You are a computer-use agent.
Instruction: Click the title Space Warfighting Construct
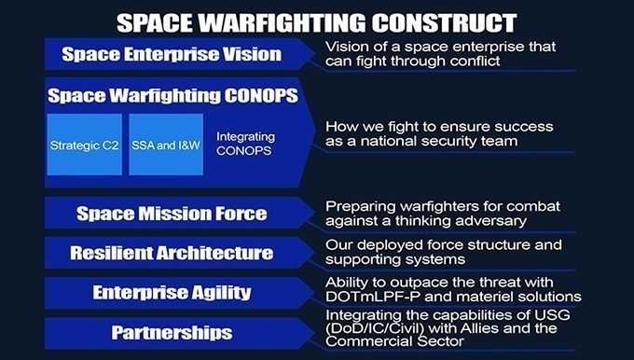click(x=317, y=21)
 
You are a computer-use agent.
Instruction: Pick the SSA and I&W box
click(x=164, y=145)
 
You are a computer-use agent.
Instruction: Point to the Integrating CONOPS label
click(x=246, y=145)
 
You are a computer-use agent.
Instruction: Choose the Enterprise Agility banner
click(x=172, y=293)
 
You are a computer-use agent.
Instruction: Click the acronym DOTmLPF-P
click(x=367, y=298)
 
